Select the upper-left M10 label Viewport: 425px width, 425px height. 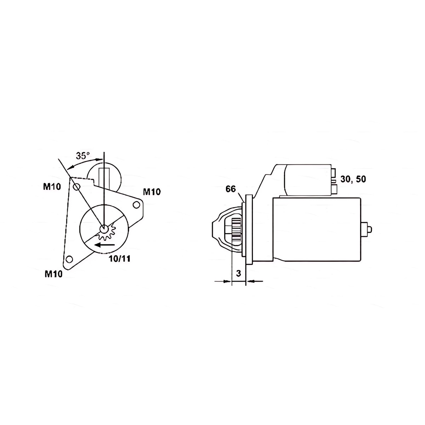click(52, 187)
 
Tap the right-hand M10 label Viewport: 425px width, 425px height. click(152, 192)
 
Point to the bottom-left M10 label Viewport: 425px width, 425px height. click(53, 274)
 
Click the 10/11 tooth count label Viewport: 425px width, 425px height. click(120, 259)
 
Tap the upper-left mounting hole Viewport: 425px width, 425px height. click(76, 187)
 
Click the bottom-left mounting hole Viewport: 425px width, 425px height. click(69, 259)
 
